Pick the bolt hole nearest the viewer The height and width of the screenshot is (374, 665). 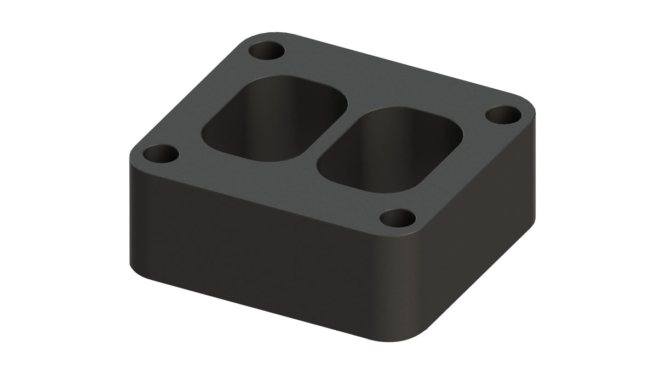point(398,218)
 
